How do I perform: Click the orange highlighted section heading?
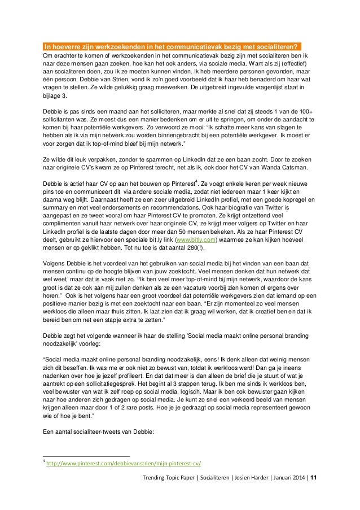coord(172,46)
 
